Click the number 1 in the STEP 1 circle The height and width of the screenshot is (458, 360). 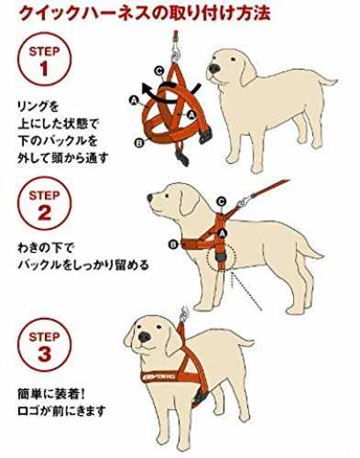(44, 69)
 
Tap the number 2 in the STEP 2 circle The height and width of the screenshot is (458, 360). (45, 213)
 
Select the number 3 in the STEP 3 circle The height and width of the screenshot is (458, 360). (45, 354)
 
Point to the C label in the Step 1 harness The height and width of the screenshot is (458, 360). (158, 71)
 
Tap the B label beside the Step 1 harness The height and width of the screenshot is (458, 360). (139, 143)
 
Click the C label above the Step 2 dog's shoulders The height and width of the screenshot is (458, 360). (222, 202)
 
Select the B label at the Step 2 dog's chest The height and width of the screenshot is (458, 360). (173, 245)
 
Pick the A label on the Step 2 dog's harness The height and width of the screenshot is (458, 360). (223, 234)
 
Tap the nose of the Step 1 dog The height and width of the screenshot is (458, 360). (214, 69)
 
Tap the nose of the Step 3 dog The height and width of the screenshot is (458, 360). (144, 337)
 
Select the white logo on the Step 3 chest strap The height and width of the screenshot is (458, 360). (159, 376)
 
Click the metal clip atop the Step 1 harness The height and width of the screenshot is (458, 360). (176, 49)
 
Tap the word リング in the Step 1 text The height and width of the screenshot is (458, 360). (33, 107)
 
